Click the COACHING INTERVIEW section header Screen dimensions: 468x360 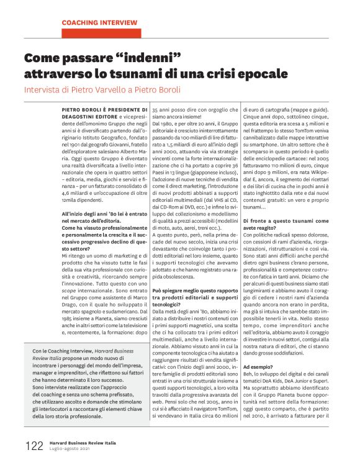[x=99, y=22]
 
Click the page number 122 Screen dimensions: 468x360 [x=34, y=446]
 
